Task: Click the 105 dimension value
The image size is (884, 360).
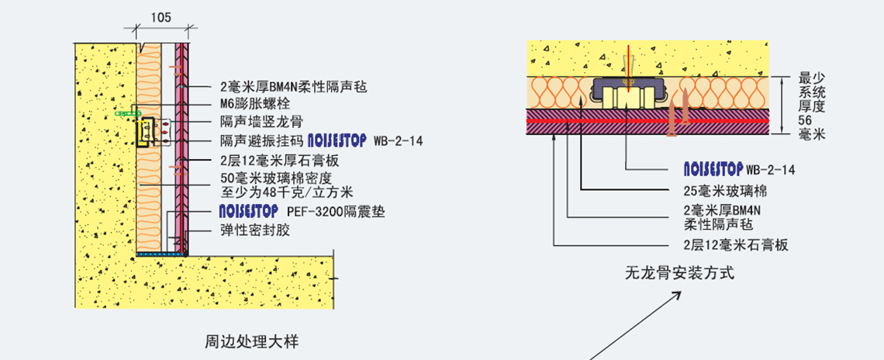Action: (161, 17)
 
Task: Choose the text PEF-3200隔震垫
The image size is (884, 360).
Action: (336, 211)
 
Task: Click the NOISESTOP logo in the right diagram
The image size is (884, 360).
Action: (713, 169)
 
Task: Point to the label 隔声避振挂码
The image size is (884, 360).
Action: (261, 141)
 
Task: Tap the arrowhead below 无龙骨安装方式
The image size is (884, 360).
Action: (677, 296)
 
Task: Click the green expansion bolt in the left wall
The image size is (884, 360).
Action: (123, 114)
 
